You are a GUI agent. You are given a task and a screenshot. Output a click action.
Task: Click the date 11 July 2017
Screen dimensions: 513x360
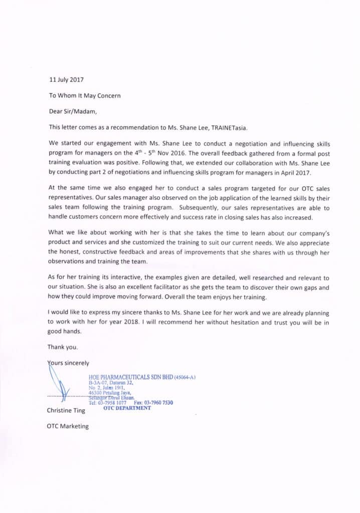(x=67, y=79)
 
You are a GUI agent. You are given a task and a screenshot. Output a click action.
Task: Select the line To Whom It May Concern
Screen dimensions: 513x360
(x=84, y=95)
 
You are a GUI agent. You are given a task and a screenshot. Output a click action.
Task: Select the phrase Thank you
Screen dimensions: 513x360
(x=63, y=347)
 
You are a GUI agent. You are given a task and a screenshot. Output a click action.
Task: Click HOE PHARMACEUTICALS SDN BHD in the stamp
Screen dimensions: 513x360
(x=130, y=376)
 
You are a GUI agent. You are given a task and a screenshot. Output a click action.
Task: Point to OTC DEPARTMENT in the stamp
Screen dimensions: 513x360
(x=127, y=408)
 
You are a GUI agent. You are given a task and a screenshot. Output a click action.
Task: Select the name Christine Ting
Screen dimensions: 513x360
(x=66, y=411)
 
